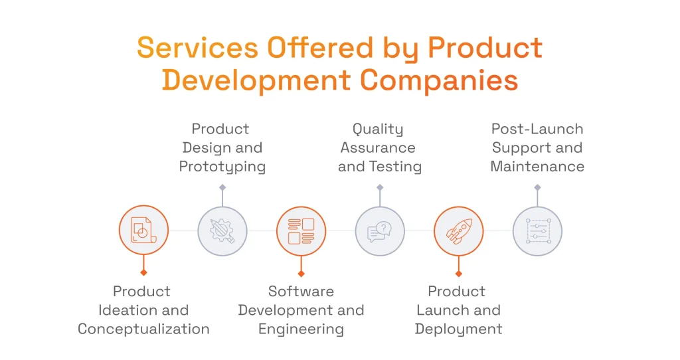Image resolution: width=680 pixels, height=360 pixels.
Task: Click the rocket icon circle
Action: tap(458, 231)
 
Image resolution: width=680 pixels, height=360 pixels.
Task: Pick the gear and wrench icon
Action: tap(222, 231)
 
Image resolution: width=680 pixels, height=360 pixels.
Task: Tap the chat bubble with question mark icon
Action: tap(380, 231)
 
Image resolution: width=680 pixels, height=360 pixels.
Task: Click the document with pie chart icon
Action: tap(143, 230)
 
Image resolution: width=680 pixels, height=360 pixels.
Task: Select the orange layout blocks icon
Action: tap(301, 231)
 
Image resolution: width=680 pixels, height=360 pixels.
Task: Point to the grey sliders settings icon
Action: tap(537, 231)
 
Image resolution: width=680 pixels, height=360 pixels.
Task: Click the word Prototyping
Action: tap(222, 166)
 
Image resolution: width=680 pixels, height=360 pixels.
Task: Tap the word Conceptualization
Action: tap(143, 329)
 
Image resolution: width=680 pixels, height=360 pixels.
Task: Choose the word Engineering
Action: tap(301, 329)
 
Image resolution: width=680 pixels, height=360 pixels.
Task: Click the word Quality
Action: tap(378, 129)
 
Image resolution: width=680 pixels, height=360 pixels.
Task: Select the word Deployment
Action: tap(458, 329)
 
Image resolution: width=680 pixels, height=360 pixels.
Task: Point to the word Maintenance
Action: tap(537, 166)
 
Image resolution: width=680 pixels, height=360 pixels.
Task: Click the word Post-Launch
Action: tap(537, 129)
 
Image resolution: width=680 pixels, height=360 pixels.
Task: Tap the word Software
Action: tap(301, 291)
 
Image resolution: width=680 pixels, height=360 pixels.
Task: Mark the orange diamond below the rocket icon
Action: tap(458, 273)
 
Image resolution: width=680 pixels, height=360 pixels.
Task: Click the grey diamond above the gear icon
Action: tap(222, 187)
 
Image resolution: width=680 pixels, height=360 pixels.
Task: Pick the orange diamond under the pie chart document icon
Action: tap(143, 272)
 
